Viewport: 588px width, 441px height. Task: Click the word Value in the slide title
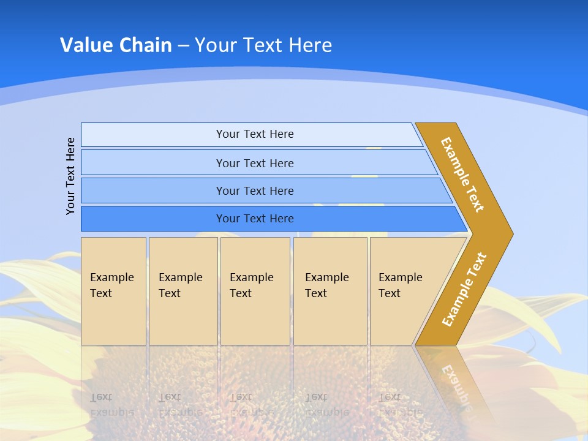tap(85, 45)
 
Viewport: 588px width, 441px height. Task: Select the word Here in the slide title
tap(310, 45)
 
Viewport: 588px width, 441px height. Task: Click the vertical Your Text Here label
tap(70, 176)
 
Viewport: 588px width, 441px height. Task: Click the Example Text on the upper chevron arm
tap(462, 175)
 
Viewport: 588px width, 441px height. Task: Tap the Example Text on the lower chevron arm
tap(464, 289)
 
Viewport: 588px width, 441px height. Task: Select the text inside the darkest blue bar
tap(255, 219)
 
